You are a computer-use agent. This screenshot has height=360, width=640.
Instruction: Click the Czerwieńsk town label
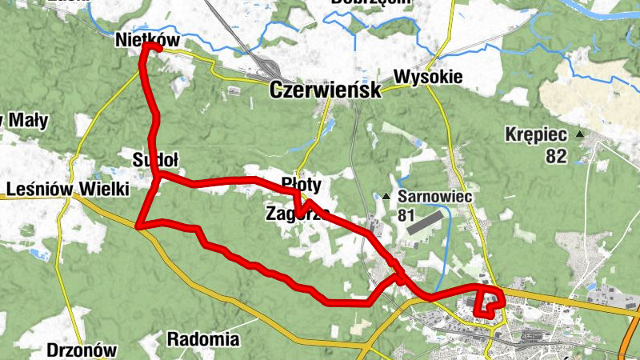tap(326, 90)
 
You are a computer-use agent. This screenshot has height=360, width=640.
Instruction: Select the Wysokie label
tap(428, 78)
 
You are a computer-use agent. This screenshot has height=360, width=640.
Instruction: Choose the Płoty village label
tap(302, 185)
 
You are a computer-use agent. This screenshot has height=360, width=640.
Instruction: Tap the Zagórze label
tap(298, 213)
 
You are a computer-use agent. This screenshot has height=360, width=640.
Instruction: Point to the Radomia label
tap(203, 339)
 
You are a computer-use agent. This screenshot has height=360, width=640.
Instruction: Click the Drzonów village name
tap(82, 350)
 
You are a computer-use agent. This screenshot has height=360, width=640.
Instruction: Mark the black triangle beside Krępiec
tap(579, 134)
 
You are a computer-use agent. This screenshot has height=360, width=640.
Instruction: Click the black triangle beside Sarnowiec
tap(387, 196)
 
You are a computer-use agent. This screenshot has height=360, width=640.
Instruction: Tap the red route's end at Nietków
tap(147, 47)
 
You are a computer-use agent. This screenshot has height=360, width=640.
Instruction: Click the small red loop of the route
tap(489, 302)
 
